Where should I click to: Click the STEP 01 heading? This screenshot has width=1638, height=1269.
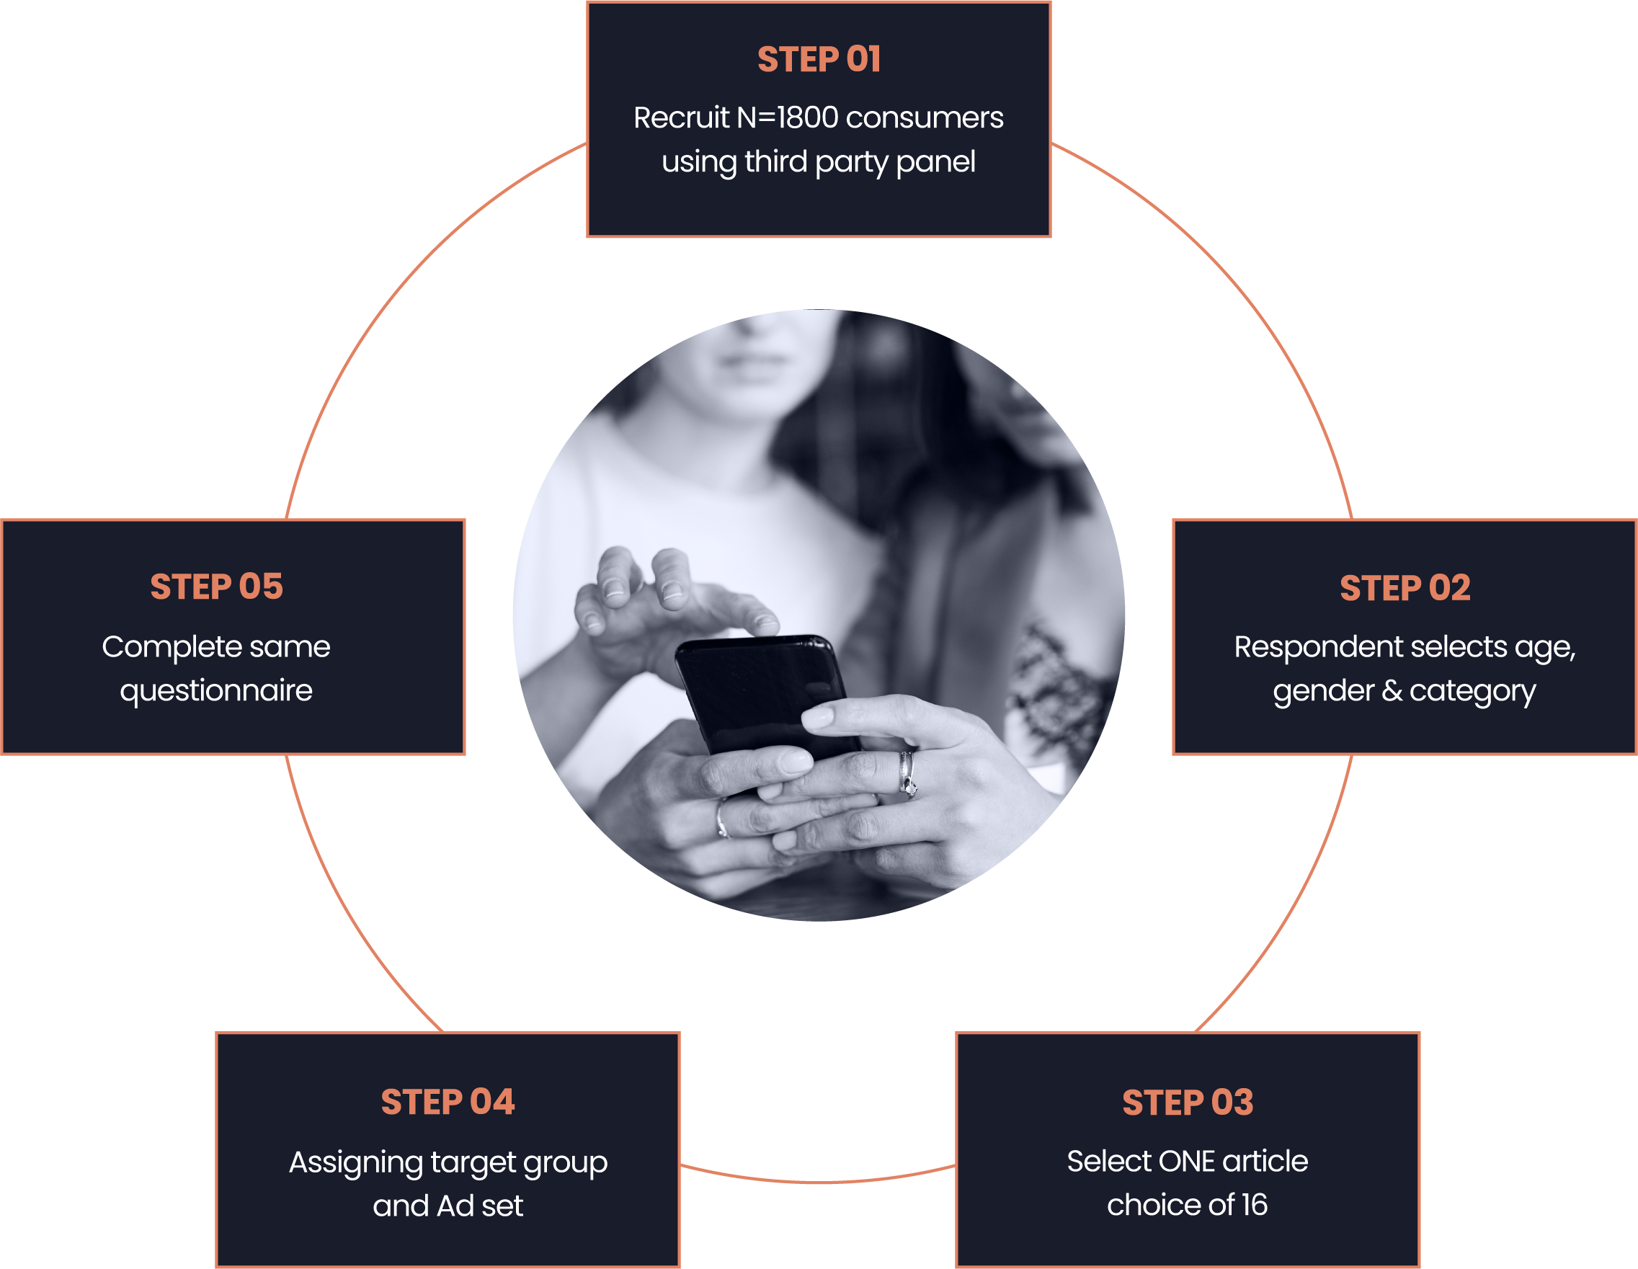click(818, 60)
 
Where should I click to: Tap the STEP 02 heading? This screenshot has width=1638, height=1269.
click(1405, 588)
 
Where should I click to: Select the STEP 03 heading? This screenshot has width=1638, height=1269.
click(1188, 1103)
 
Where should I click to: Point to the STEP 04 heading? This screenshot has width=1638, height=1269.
click(448, 1102)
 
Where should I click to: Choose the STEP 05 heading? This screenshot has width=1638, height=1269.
click(217, 587)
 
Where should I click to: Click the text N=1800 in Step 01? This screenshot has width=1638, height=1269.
click(787, 117)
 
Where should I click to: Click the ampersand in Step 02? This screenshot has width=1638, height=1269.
click(1392, 691)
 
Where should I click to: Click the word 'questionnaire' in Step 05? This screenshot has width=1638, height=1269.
click(216, 691)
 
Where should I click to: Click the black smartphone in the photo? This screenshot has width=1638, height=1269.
click(761, 690)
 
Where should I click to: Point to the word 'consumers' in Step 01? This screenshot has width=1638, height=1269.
click(924, 117)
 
